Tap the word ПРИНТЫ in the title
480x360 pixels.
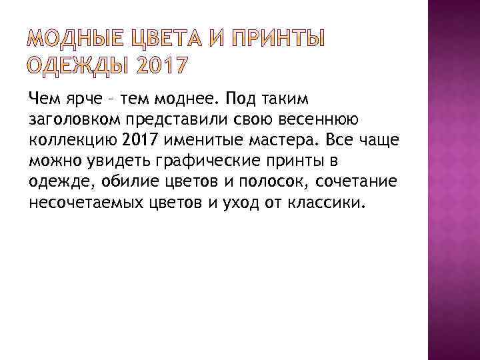point(276,41)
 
